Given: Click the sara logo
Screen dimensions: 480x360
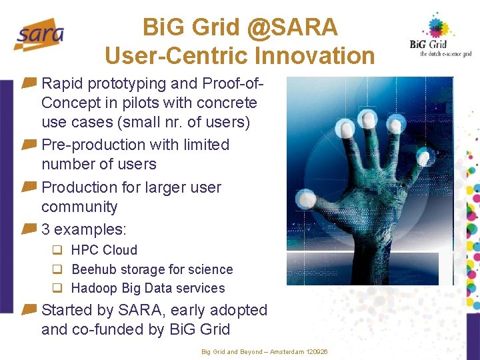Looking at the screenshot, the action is [x=39, y=35].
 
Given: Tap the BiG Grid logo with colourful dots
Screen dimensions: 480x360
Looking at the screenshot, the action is [x=440, y=36].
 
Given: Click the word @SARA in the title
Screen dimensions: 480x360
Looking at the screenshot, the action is [x=292, y=27].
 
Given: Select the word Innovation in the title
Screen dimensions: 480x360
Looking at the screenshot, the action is [x=315, y=55].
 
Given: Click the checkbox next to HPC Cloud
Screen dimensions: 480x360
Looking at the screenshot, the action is [x=57, y=250].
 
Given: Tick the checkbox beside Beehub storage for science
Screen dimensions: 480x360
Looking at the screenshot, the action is [x=57, y=269].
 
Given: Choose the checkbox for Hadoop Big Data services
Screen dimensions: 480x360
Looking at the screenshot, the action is [x=57, y=288].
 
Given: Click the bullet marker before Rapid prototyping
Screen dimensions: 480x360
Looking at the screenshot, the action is [x=29, y=83].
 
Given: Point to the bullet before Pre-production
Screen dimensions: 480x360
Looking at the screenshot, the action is [x=29, y=144].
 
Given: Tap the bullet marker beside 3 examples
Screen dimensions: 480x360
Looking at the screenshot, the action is [x=29, y=229].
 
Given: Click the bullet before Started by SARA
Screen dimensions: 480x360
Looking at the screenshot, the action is [x=29, y=309].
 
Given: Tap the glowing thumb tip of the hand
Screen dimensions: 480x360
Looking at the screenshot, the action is [x=306, y=199].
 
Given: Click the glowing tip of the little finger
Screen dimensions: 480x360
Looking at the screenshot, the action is [x=424, y=157].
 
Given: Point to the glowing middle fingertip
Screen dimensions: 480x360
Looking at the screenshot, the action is [x=367, y=119].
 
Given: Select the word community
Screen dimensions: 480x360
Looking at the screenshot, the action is [x=79, y=207].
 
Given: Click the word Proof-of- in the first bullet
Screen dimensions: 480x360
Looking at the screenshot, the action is [x=233, y=83].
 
